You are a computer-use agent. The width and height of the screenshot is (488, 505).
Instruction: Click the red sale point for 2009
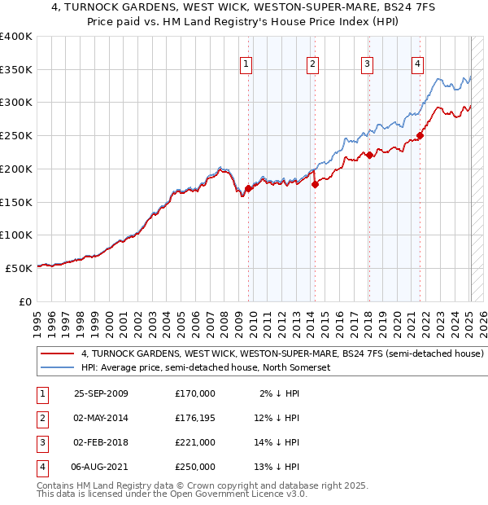248,188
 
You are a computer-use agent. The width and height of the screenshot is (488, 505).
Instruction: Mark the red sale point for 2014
315,184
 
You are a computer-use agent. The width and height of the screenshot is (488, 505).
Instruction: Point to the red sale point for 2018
368,155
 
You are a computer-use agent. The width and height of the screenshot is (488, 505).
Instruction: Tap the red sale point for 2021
420,135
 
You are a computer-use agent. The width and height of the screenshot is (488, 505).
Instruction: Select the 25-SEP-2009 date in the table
101,393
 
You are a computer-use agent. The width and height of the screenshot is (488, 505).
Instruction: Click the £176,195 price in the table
194,418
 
